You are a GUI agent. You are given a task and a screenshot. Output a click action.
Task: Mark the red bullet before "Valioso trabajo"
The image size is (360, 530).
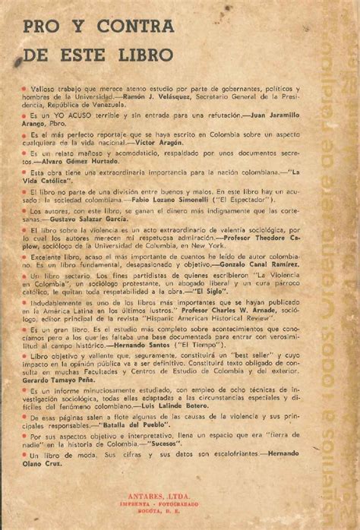tap(25, 90)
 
